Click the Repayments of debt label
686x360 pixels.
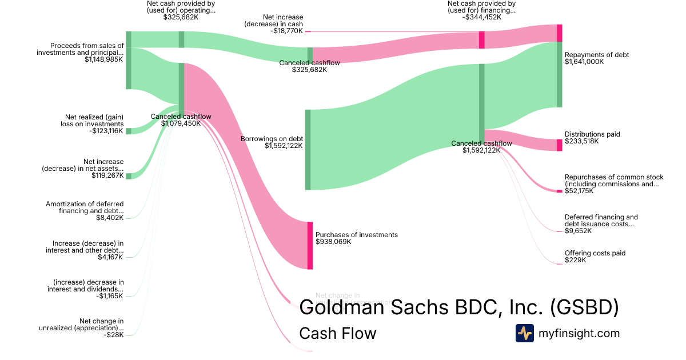click(596, 55)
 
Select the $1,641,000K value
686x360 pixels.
click(584, 62)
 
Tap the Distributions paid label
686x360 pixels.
click(592, 134)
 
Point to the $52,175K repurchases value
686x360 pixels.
click(579, 191)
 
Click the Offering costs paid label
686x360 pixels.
click(595, 253)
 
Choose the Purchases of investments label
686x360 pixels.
click(356, 235)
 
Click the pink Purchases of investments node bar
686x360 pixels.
click(310, 245)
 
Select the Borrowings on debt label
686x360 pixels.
click(272, 139)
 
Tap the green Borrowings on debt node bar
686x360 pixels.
click(308, 149)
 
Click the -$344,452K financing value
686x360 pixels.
click(482, 17)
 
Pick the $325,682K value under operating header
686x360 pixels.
click(181, 17)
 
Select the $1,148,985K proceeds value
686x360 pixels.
click(104, 59)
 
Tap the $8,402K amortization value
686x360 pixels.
click(111, 218)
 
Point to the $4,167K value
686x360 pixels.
click(111, 257)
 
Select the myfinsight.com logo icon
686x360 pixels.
click(524, 333)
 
